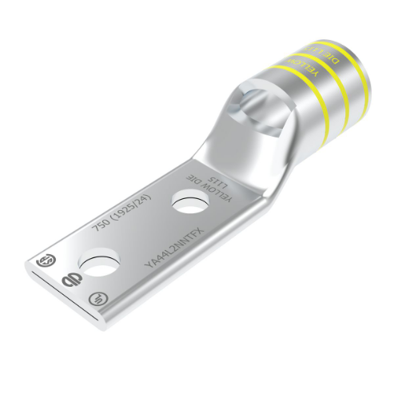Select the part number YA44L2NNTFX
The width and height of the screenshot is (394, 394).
coord(173,245)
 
